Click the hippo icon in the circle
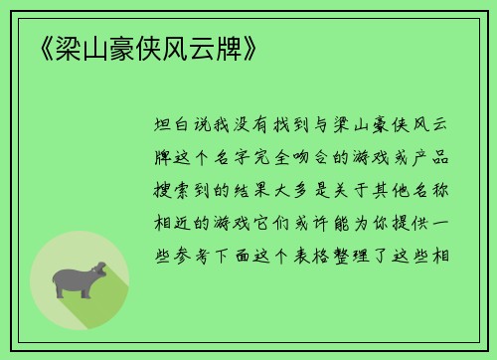click(80, 279)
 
